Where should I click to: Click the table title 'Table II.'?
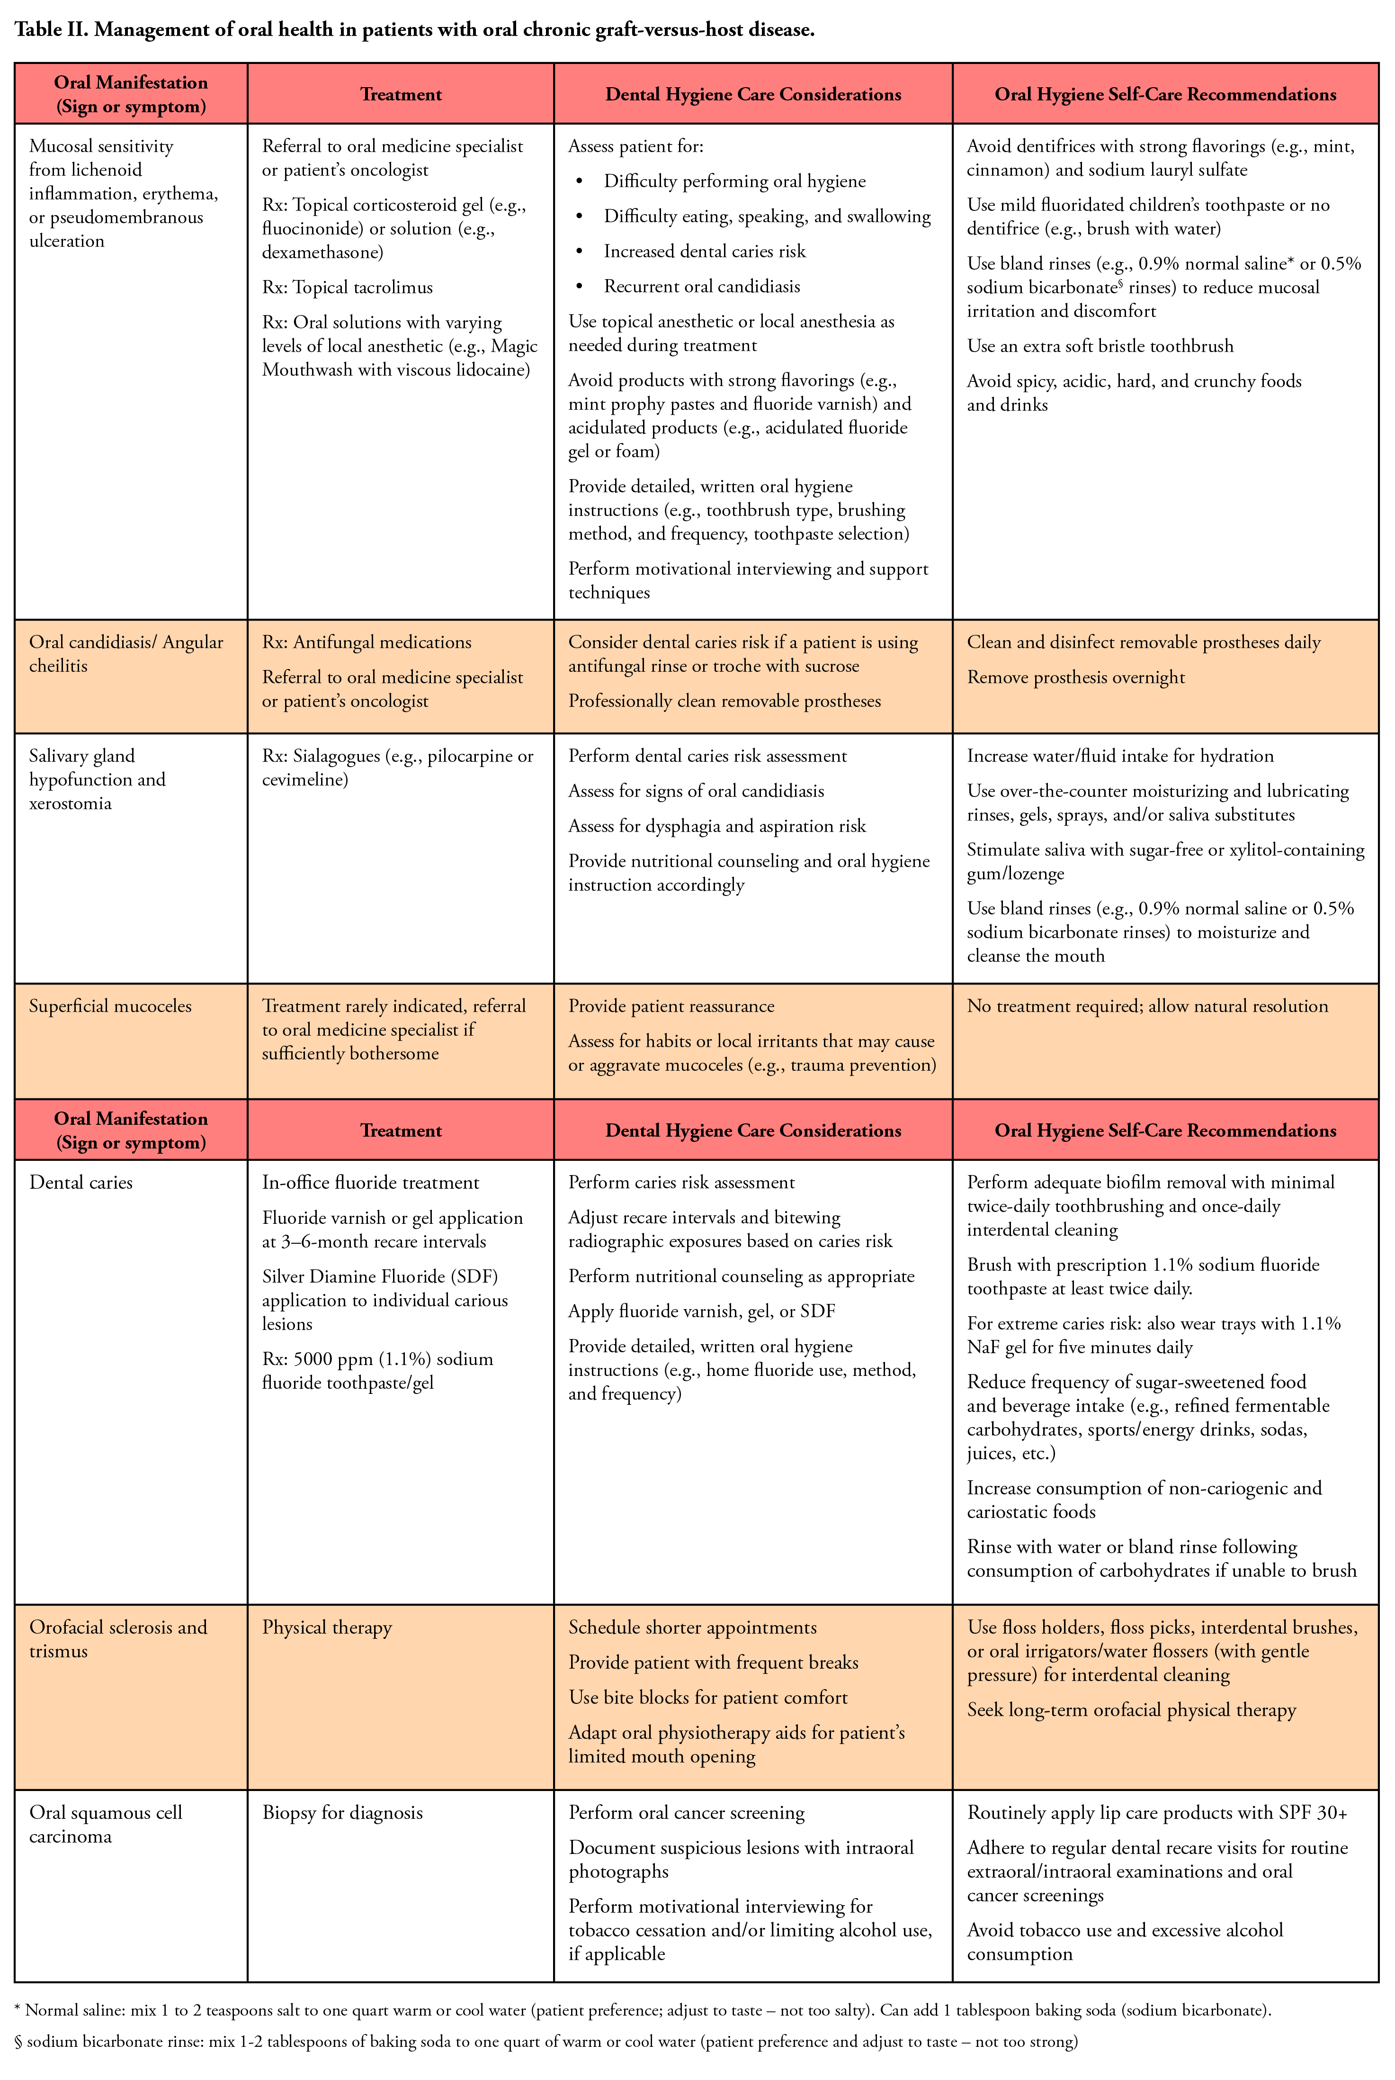pyautogui.click(x=52, y=29)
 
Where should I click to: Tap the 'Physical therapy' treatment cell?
pyautogui.click(x=327, y=1627)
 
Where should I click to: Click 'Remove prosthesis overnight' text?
pyautogui.click(x=1076, y=678)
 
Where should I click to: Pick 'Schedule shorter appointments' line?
pyautogui.click(x=692, y=1627)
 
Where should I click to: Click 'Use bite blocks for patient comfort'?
pyautogui.click(x=707, y=1697)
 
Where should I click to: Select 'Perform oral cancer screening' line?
pyautogui.click(x=686, y=1813)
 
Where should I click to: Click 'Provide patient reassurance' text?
pyautogui.click(x=671, y=1006)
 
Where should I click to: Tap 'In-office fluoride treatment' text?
pyautogui.click(x=370, y=1182)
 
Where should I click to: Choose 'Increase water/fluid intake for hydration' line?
pyautogui.click(x=1120, y=756)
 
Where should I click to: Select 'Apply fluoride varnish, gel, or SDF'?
pyautogui.click(x=701, y=1311)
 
